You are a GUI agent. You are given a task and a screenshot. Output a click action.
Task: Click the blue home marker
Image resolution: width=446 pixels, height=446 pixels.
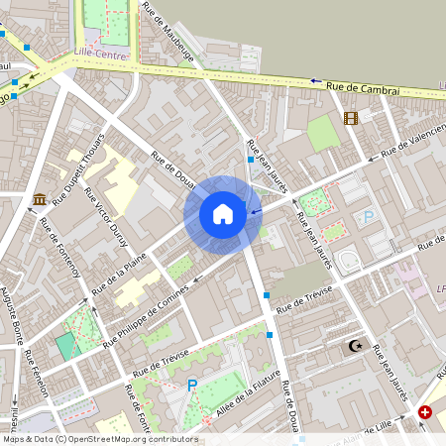(x=223, y=213)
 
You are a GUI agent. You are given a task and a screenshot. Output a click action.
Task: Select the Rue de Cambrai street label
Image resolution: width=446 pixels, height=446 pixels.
(x=363, y=89)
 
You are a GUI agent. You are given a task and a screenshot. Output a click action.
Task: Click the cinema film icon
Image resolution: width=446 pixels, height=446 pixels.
(x=350, y=118)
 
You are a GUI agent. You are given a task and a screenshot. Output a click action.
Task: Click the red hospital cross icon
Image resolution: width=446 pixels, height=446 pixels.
(x=425, y=411)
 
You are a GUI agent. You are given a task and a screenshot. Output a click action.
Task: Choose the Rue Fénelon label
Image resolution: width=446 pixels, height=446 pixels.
(x=37, y=374)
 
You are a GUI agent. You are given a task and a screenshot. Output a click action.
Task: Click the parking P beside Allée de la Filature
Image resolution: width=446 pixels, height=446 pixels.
(x=192, y=385)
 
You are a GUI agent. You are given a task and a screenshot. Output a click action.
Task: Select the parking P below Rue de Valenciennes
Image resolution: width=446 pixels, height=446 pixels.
(x=369, y=217)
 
